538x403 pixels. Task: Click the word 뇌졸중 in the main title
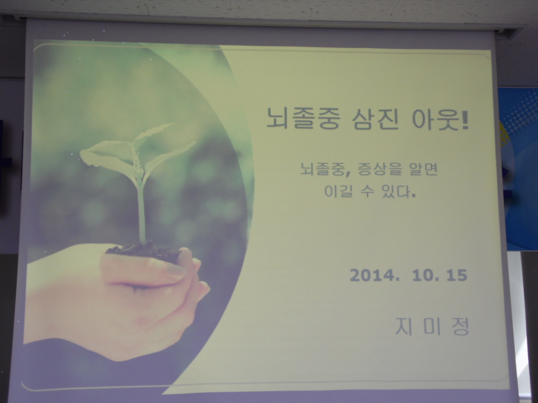pos(303,118)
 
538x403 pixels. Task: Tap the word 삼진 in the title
pos(375,119)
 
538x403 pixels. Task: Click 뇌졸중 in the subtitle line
pos(322,168)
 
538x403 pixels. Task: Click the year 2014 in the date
pos(372,275)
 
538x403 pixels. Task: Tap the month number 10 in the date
pos(423,275)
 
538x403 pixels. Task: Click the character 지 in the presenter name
pos(403,326)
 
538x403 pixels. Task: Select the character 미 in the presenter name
pos(432,326)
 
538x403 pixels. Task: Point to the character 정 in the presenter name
pos(460,327)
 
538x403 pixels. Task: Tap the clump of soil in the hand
pos(143,250)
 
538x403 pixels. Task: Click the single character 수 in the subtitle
pos(367,191)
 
